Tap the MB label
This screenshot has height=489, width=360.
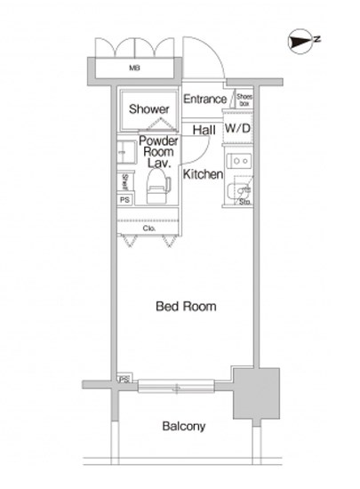[x=135, y=68]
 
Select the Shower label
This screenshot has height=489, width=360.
[x=148, y=109]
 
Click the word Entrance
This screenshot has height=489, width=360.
[x=205, y=100]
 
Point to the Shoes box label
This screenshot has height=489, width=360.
[x=244, y=100]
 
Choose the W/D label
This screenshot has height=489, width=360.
[x=237, y=130]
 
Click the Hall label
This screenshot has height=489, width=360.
[x=204, y=130]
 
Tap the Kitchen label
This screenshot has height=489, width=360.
[x=203, y=174]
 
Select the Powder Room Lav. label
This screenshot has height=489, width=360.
[x=158, y=152]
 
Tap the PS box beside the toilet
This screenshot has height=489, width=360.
[x=125, y=200]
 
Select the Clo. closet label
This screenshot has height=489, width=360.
[x=149, y=228]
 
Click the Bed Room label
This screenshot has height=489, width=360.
[x=186, y=306]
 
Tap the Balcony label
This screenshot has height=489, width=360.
[x=184, y=426]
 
